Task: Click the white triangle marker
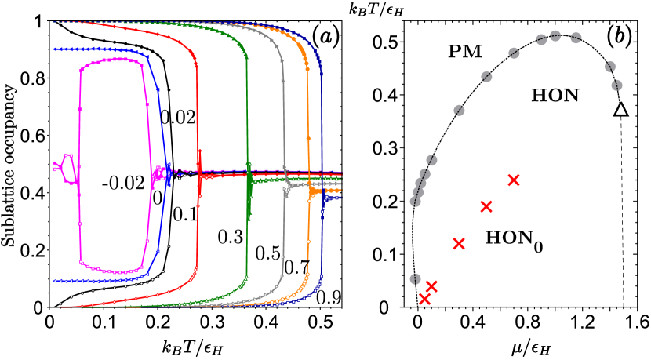[x=620, y=110]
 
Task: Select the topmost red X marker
[x=514, y=180]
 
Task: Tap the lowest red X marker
[x=424, y=299]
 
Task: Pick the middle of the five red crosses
[x=459, y=244]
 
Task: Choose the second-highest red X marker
[x=486, y=207]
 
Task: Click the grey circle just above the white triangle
[x=616, y=85]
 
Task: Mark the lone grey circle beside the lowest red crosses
[x=415, y=278]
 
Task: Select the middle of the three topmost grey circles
[x=555, y=36]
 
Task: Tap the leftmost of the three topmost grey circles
[x=541, y=39]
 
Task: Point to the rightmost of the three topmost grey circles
[x=576, y=38]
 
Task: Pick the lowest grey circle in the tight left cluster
[x=415, y=202]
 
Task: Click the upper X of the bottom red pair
[x=431, y=287]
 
